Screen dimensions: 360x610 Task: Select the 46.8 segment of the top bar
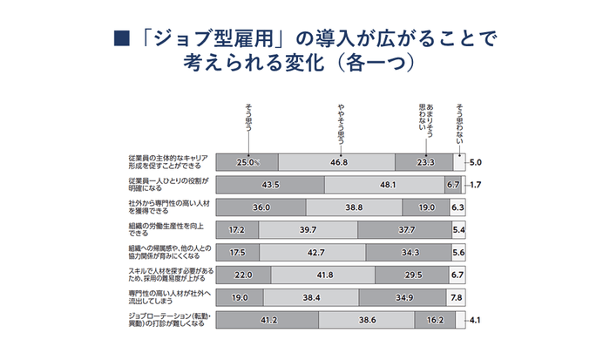[336, 162]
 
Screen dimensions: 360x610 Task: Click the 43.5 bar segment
[270, 185]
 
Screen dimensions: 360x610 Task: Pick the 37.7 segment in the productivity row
[404, 230]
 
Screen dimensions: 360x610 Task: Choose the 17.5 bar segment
[237, 253]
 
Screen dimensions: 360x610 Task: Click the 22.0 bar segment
[242, 275]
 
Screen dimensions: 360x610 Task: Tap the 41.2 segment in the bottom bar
[266, 321]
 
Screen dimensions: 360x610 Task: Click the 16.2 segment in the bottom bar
[436, 321]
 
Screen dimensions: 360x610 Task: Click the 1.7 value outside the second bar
[475, 185]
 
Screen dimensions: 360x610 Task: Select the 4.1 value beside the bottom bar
[475, 321]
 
